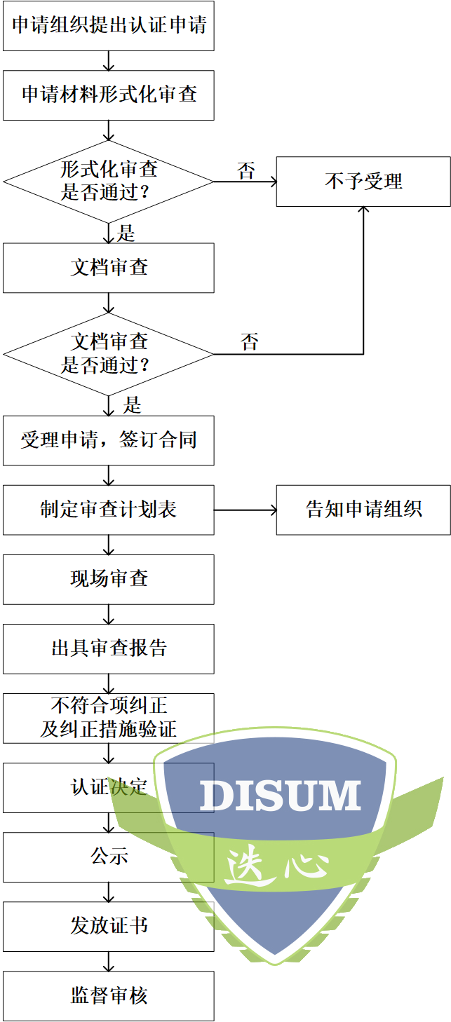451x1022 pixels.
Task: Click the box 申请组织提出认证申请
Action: [109, 26]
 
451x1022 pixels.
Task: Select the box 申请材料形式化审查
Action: [109, 95]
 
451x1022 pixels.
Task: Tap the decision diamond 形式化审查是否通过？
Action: [109, 181]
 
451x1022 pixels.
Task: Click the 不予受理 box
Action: [363, 182]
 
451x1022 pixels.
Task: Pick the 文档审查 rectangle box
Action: [109, 268]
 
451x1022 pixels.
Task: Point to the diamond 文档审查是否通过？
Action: [109, 354]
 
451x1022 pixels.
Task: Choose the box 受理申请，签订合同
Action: [109, 440]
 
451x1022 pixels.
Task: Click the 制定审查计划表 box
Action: [109, 510]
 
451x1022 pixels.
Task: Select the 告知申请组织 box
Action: [363, 510]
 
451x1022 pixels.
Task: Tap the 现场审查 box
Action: [109, 579]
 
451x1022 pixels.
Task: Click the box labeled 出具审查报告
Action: [109, 648]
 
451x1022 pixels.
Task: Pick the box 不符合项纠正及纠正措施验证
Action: [109, 718]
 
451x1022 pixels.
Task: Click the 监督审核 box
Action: [109, 995]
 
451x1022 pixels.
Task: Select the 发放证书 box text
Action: [109, 926]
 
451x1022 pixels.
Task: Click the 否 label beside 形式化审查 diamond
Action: [246, 171]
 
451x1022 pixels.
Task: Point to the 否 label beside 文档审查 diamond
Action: [250, 343]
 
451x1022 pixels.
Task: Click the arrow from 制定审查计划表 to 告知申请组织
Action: [245, 510]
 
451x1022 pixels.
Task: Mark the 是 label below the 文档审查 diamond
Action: [132, 405]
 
